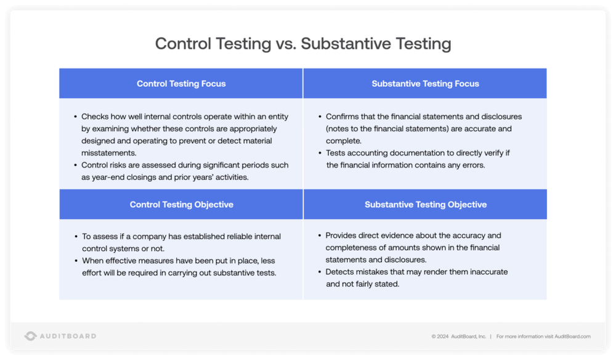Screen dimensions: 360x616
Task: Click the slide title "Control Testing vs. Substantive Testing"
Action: tap(302, 44)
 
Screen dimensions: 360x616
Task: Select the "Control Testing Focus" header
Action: tap(181, 83)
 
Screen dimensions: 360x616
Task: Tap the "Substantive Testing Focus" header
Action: tap(425, 83)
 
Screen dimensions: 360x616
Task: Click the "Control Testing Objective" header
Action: tap(181, 205)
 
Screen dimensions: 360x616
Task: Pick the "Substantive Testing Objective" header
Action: tap(425, 205)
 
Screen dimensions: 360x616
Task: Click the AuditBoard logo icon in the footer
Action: tap(31, 336)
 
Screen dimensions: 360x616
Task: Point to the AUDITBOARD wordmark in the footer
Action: tap(68, 336)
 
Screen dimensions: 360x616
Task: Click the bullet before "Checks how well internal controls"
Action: tap(76, 117)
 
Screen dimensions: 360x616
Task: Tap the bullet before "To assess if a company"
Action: tap(76, 237)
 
